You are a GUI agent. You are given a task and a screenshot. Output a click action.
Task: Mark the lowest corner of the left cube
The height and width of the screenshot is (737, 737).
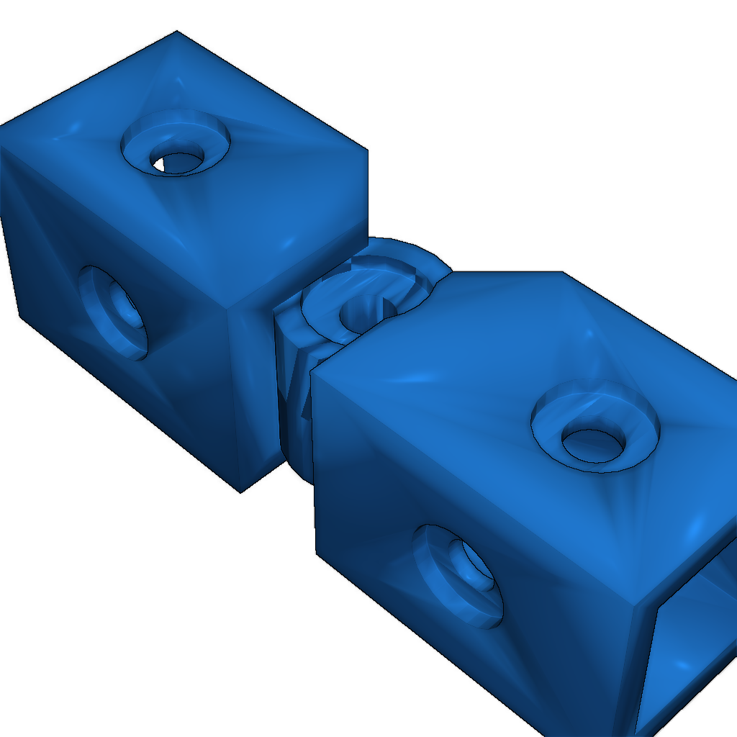pos(240,492)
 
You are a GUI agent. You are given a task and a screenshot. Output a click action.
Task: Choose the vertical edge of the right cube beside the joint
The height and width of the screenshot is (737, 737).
pos(314,461)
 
